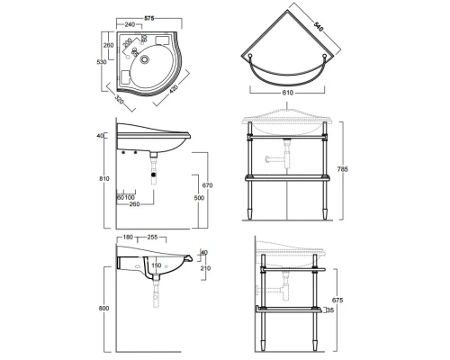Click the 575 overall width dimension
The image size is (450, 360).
[149, 19]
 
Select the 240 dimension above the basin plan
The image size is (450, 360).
[130, 24]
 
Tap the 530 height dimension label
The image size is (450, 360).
[102, 62]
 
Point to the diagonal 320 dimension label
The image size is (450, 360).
[120, 99]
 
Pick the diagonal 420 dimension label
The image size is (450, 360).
[174, 89]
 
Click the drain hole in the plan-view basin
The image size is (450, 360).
[145, 59]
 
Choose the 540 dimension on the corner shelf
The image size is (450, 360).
[319, 26]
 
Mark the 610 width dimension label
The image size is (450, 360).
[287, 93]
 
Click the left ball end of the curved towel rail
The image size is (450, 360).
[250, 56]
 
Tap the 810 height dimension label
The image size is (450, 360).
[104, 179]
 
